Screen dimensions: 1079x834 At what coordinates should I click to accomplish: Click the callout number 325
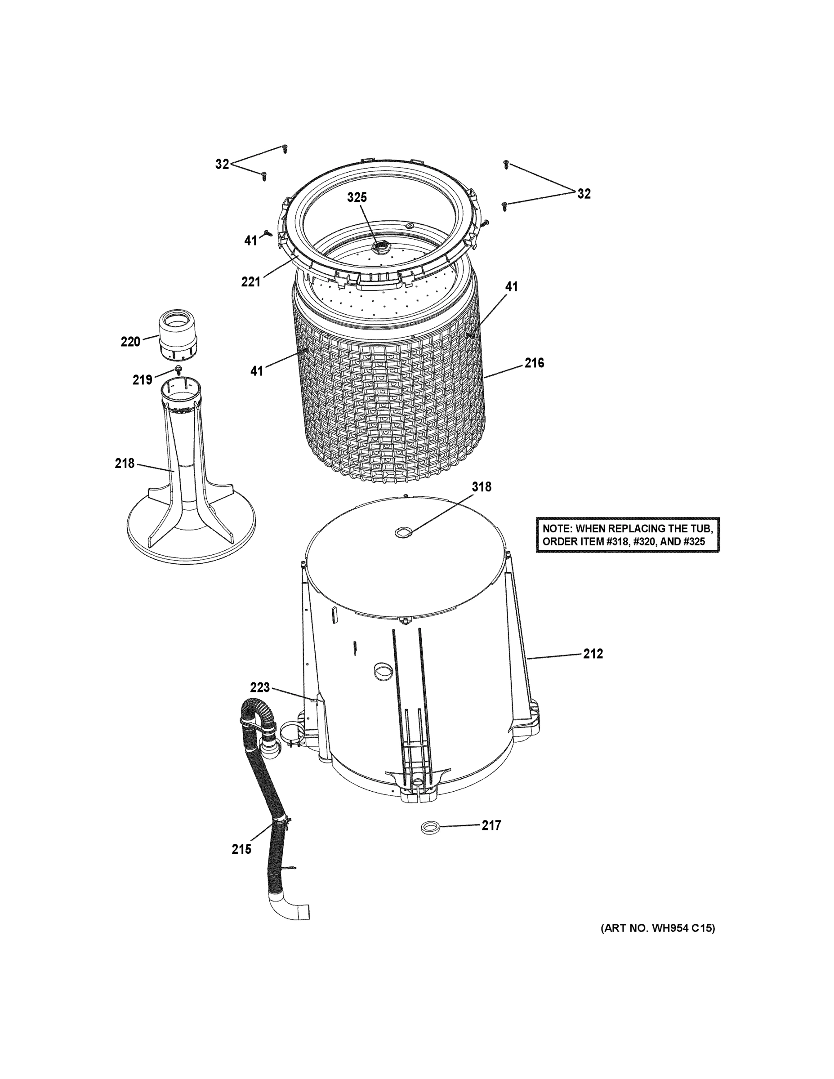pos(357,198)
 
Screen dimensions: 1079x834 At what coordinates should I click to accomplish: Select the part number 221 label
pos(250,282)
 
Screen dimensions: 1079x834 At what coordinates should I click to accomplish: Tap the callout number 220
pos(130,341)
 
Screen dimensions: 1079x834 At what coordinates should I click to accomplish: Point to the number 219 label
pos(142,380)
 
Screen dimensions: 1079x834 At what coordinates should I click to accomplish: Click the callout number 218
pos(125,464)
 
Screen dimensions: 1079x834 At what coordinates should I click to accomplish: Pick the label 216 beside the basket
pos(534,363)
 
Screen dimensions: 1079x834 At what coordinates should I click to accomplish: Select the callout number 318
pos(481,487)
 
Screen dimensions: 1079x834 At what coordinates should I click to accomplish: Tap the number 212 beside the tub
pos(593,654)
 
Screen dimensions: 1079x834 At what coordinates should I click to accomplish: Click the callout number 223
pos(260,687)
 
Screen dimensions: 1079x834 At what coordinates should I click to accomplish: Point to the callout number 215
pos(241,849)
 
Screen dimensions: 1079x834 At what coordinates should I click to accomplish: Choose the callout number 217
pos(491,825)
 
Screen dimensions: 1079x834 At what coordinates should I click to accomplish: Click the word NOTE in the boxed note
pos(557,529)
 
